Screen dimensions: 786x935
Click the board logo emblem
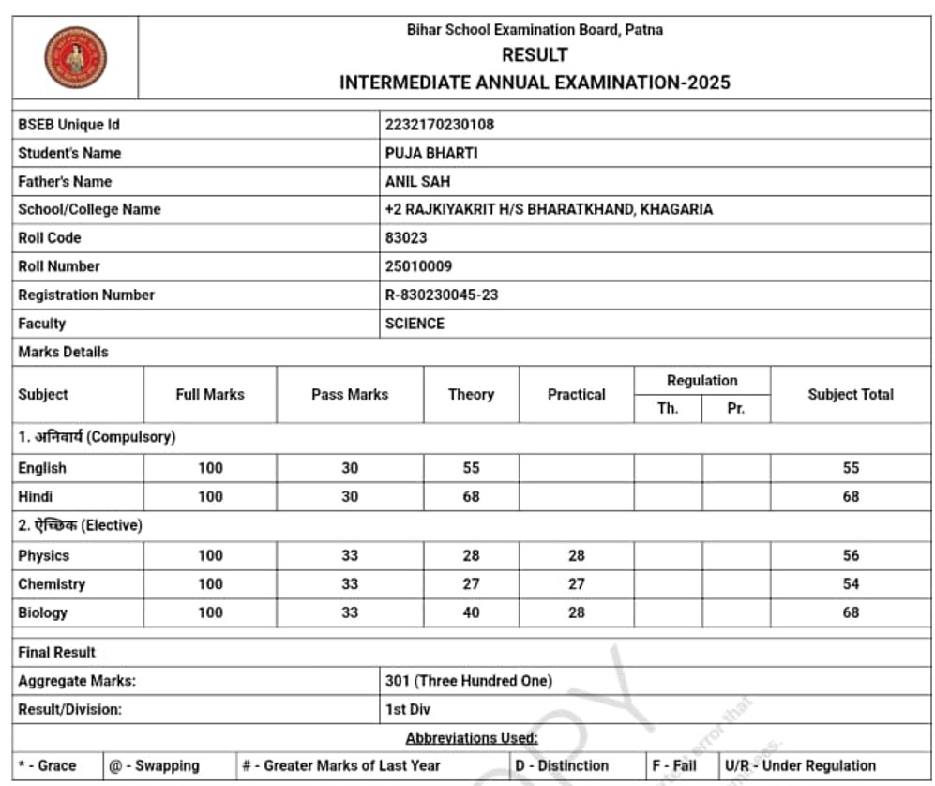pyautogui.click(x=76, y=57)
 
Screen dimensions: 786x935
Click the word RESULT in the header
pyautogui.click(x=535, y=55)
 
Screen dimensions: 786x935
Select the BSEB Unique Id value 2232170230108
pyautogui.click(x=439, y=125)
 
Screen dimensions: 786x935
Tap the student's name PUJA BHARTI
pyautogui.click(x=431, y=153)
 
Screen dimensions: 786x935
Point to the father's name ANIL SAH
pyautogui.click(x=417, y=181)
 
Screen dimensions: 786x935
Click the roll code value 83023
pyautogui.click(x=406, y=237)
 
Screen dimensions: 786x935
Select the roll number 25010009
pyautogui.click(x=418, y=266)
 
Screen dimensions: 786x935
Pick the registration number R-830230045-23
pyautogui.click(x=442, y=295)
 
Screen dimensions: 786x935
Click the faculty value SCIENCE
pyautogui.click(x=415, y=324)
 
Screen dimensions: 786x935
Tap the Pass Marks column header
pyautogui.click(x=350, y=395)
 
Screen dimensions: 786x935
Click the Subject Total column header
pyautogui.click(x=851, y=395)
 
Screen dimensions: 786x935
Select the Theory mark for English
pyautogui.click(x=471, y=468)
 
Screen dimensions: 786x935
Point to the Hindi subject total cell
pyautogui.click(x=851, y=496)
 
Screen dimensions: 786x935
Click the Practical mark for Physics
pyautogui.click(x=576, y=555)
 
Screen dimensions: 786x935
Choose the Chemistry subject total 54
pyautogui.click(x=851, y=583)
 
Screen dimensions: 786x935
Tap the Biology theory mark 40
pyautogui.click(x=471, y=612)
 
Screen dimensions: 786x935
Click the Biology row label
pyautogui.click(x=43, y=612)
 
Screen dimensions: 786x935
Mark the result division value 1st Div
pyautogui.click(x=408, y=710)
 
